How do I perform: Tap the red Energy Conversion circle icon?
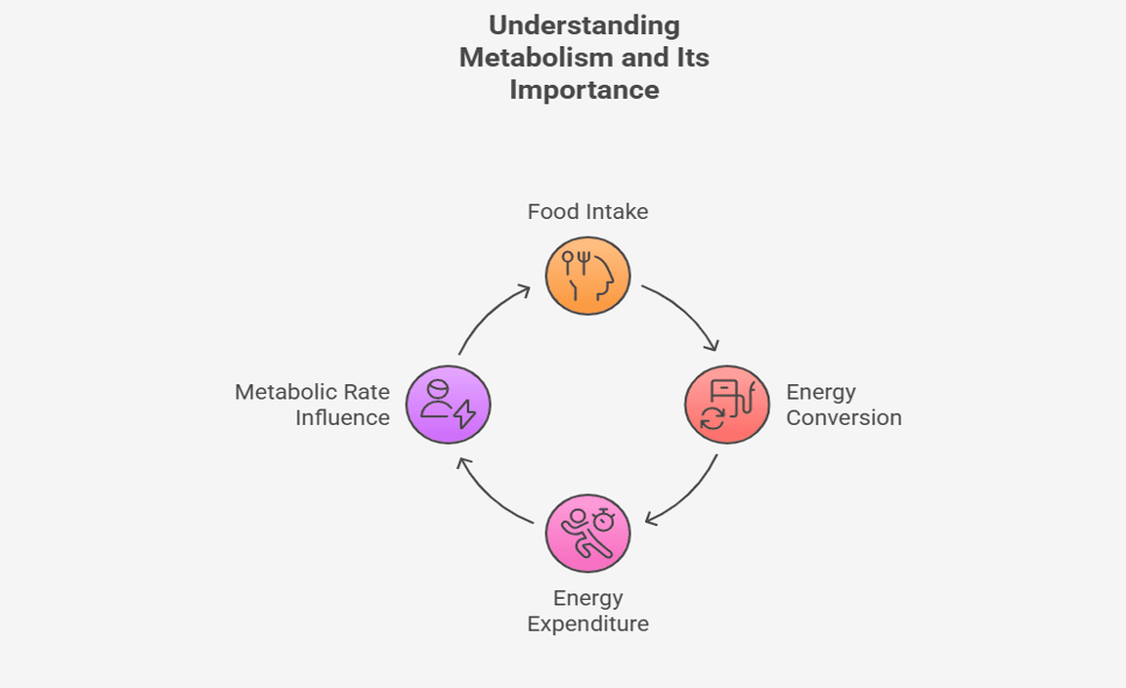pos(727,405)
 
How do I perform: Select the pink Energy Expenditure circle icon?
pos(587,534)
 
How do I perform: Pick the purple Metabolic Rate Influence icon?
pos(448,405)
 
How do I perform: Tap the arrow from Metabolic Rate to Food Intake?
pos(488,313)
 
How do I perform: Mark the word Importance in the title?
pos(585,90)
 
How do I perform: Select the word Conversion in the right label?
pos(844,418)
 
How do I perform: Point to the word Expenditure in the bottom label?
pos(587,623)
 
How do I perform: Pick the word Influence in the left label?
pos(343,418)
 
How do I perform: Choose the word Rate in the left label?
pos(368,392)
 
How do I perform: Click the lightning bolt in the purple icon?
pos(465,414)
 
